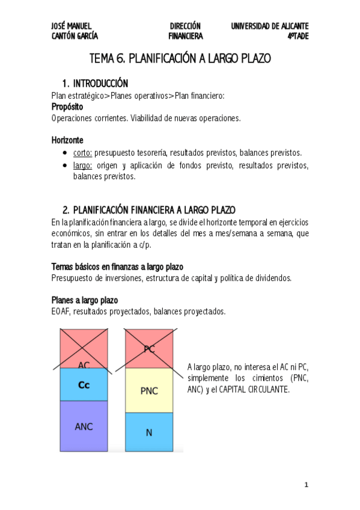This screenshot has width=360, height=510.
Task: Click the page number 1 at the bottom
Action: coord(306,484)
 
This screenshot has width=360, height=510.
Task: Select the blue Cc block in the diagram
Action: coord(84,384)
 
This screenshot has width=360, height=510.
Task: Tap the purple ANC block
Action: coord(84,426)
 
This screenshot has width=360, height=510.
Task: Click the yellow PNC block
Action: coord(148,391)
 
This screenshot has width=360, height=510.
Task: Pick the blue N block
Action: coord(148,432)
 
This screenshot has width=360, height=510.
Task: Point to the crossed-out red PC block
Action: coord(149,348)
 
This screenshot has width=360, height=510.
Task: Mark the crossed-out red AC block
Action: coord(84,349)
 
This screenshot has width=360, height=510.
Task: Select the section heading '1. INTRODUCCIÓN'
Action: coord(95,83)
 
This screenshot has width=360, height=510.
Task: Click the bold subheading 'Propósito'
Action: coord(67,106)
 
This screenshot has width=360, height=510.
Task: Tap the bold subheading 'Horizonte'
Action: coord(67,140)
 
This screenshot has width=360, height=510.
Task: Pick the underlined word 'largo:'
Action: coord(82,165)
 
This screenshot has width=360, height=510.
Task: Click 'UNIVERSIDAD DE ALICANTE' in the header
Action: coord(270,26)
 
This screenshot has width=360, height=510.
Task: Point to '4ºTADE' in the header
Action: coord(297,36)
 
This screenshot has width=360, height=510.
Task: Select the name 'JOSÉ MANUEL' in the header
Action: coord(72,26)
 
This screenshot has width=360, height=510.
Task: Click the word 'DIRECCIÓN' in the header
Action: coord(185,26)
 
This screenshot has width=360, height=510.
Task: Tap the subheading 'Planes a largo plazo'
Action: coord(85,300)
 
